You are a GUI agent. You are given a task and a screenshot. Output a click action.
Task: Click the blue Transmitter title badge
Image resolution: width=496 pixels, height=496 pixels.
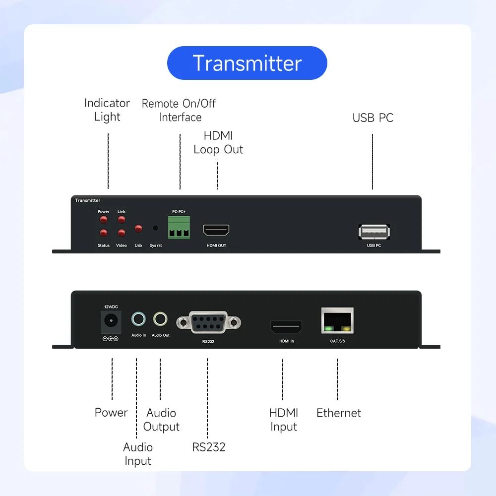247,63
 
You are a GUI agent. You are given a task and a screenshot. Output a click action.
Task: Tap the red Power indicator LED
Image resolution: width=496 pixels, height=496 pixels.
104,220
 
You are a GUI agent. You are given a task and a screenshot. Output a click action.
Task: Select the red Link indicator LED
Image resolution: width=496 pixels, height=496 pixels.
122,220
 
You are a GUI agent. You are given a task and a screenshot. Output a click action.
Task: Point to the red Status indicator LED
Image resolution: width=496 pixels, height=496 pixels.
104,233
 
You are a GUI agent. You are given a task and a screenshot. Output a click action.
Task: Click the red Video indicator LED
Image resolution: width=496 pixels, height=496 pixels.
122,233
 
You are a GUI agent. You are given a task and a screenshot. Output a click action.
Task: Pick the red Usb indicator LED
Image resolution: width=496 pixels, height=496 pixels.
138,229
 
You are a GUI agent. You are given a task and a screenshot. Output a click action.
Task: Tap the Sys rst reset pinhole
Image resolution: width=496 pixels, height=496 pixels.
155,229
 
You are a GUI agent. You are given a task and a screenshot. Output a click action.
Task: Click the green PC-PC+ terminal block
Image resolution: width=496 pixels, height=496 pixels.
179,227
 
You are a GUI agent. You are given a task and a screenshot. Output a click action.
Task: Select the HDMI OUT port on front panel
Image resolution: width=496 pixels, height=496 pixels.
216,230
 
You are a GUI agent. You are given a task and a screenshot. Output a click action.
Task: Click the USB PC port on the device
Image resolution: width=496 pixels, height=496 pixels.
374,232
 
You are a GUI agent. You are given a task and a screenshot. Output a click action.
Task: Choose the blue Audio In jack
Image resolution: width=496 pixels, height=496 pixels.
138,319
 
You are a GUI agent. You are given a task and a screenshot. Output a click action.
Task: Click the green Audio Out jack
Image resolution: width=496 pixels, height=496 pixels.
160,319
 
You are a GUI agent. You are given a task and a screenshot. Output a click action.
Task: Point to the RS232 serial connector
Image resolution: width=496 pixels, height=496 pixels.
208,323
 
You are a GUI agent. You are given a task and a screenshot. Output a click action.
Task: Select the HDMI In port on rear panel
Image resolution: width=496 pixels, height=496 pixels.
286,327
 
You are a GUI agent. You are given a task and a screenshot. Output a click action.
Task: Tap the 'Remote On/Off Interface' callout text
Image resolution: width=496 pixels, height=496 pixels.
179,110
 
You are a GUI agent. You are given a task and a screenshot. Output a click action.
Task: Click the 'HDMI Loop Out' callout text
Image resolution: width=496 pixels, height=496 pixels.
218,143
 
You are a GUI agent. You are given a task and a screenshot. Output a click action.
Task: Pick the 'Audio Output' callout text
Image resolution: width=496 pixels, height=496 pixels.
161,420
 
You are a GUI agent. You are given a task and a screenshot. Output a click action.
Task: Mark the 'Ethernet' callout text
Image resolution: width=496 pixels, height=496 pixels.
339,413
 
